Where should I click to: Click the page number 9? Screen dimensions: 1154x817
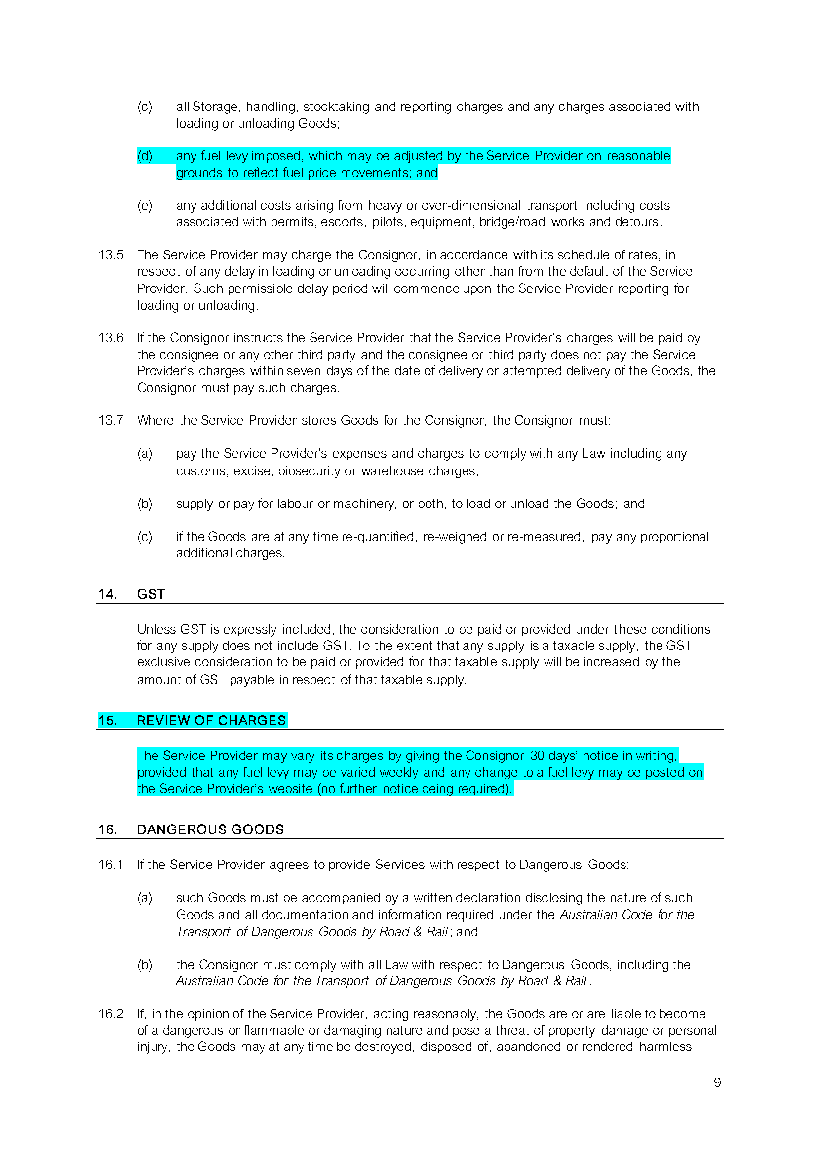pos(717,1082)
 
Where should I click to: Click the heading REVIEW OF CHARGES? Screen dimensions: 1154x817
pos(211,720)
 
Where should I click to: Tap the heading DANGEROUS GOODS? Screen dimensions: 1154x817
pos(210,829)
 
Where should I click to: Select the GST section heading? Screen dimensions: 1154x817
pos(151,594)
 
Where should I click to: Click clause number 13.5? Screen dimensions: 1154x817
pos(111,255)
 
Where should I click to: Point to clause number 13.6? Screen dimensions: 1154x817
pos(111,338)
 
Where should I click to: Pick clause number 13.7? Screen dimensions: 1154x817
pos(111,420)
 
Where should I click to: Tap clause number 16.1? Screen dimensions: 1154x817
pos(111,865)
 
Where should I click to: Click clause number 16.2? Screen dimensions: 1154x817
pos(111,1014)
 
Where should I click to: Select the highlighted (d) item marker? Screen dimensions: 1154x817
pos(145,156)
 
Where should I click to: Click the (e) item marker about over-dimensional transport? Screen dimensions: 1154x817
pos(145,206)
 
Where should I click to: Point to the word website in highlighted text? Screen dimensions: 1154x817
pos(290,789)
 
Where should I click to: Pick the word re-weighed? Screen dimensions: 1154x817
pos(455,537)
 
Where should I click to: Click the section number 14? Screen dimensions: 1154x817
pos(107,594)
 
